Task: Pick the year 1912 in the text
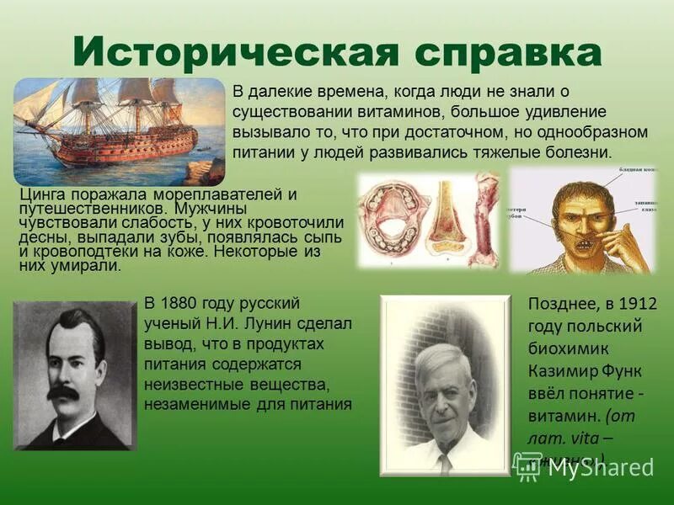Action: point(636,304)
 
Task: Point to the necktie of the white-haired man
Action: point(444,462)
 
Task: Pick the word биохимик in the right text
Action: point(564,348)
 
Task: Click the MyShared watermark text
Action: point(601,467)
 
